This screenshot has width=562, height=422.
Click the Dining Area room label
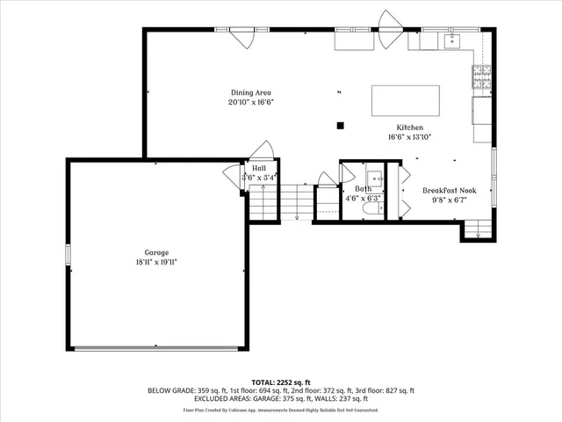point(251,92)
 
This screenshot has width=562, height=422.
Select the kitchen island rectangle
point(406,100)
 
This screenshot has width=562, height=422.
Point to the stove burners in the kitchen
point(482,78)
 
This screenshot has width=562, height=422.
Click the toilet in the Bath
point(376,211)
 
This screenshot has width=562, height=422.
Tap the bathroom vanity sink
point(372,175)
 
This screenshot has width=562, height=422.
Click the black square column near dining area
point(341,125)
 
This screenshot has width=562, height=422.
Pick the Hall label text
point(259,167)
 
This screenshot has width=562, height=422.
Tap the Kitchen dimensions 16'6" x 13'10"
point(409,137)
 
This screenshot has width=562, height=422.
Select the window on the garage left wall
point(68,254)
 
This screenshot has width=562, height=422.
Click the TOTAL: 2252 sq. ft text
point(281,382)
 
